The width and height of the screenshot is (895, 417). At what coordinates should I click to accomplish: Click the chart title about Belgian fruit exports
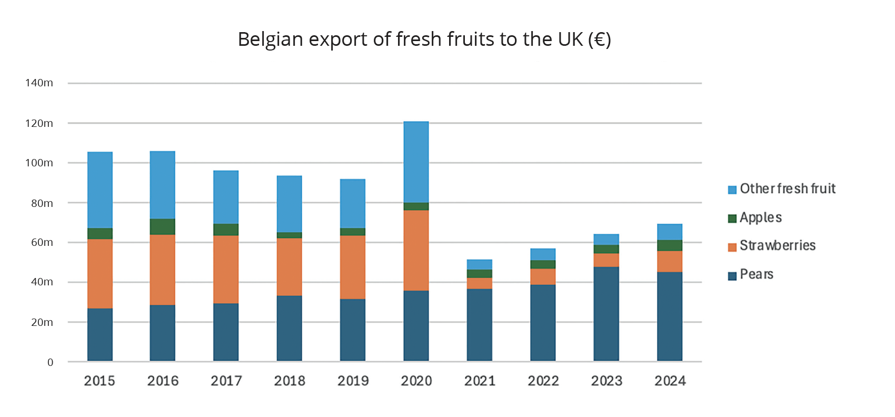424,39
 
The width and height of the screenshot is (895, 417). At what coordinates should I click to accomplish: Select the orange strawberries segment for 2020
416,250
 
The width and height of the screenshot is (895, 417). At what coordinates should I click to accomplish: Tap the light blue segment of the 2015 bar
100,190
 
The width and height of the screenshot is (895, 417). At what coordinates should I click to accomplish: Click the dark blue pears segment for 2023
606,314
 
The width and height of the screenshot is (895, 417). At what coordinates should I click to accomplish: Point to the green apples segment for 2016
162,226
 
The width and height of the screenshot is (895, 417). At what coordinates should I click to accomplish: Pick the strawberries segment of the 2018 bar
289,266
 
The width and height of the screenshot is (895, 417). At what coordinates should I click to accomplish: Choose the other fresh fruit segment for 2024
669,232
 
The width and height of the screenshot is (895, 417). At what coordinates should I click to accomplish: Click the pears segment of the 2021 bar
479,324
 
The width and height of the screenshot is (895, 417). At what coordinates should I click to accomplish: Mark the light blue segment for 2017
226,197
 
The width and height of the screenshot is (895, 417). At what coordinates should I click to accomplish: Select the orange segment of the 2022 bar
543,276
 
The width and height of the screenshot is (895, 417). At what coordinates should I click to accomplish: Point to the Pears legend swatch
732,276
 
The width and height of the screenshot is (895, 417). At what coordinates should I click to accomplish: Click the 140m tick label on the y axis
39,83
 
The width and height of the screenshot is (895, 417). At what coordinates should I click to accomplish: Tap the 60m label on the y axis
42,242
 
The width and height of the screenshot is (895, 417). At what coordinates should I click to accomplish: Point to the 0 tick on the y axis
50,362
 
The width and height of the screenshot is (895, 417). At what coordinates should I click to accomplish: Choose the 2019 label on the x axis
353,381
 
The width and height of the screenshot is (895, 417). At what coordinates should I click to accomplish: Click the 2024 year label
670,381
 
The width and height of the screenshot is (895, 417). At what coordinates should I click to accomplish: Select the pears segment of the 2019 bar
353,330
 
